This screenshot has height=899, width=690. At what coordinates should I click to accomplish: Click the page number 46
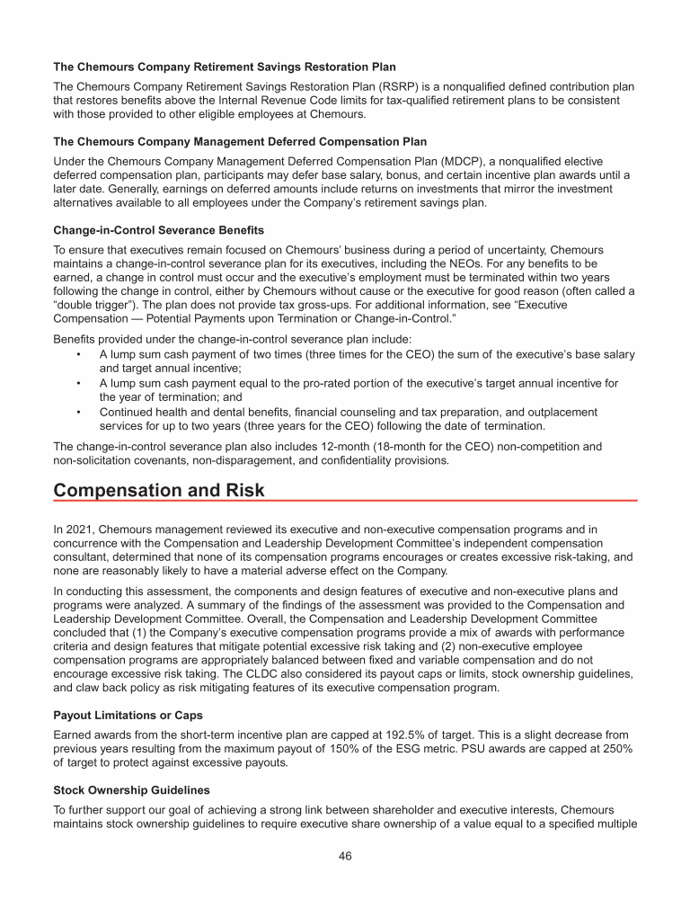tap(345, 855)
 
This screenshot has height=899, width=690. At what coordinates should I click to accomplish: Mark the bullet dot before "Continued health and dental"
tap(80, 412)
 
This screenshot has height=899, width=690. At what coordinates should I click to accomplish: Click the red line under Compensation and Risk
tap(345, 501)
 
